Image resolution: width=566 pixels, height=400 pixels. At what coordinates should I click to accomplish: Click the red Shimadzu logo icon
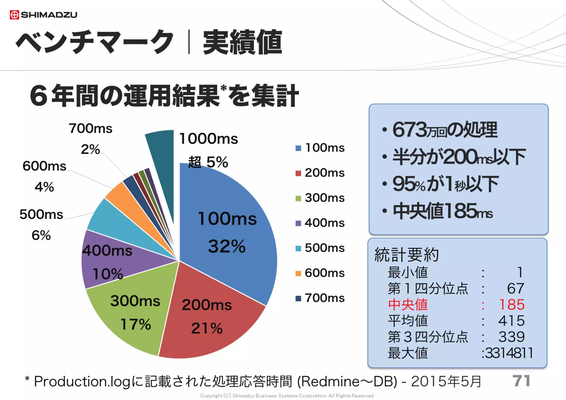[14, 15]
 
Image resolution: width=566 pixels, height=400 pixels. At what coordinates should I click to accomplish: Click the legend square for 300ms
[298, 198]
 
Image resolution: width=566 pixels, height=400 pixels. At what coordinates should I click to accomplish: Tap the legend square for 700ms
[298, 298]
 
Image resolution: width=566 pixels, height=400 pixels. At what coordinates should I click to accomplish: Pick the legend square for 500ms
[298, 248]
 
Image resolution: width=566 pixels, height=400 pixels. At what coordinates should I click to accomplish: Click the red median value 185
[512, 305]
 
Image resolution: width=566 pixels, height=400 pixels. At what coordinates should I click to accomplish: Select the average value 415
[512, 321]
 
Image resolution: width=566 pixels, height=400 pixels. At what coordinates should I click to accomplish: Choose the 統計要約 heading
[407, 254]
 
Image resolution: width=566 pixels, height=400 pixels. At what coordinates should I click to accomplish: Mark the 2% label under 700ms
[90, 149]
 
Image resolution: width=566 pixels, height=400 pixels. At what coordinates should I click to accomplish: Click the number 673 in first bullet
[409, 130]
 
